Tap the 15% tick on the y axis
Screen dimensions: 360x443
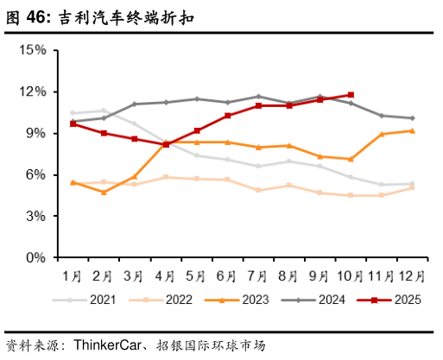pyautogui.click(x=33, y=50)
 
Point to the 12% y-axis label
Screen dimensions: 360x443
pyautogui.click(x=33, y=92)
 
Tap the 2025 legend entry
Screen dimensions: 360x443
pyautogui.click(x=397, y=300)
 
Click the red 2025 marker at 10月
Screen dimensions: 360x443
pyautogui.click(x=351, y=95)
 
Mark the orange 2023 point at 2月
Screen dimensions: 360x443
pyautogui.click(x=104, y=192)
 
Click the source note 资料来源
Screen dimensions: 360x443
pyautogui.click(x=38, y=344)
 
